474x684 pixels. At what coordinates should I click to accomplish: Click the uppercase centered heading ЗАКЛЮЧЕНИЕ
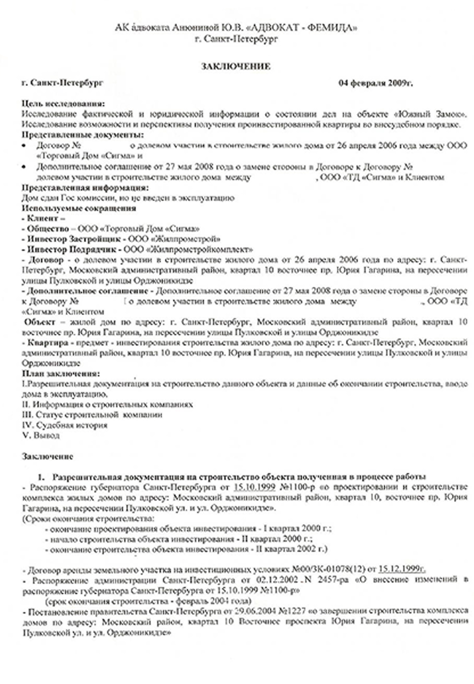pyautogui.click(x=235, y=67)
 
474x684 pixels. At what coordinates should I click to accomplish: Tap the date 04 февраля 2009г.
pyautogui.click(x=375, y=83)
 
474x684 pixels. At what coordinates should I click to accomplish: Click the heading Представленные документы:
pyautogui.click(x=82, y=135)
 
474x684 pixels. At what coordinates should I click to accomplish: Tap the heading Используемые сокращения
pyautogui.click(x=78, y=209)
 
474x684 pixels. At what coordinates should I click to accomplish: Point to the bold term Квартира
pyautogui.click(x=44, y=343)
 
